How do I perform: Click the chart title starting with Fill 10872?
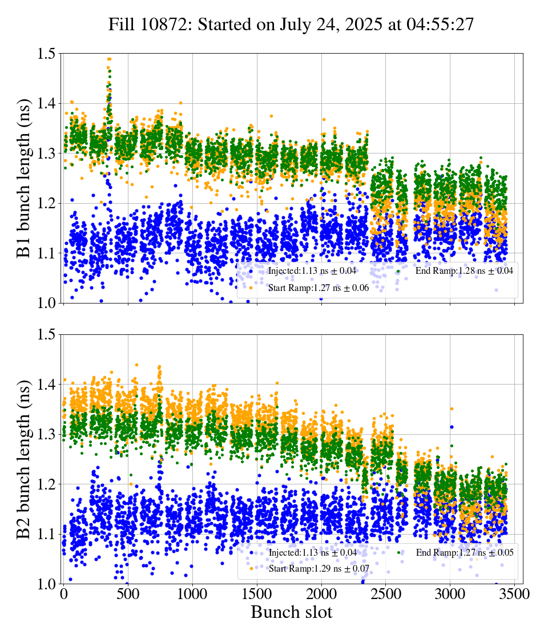pyautogui.click(x=291, y=25)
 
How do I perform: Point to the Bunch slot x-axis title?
pyautogui.click(x=291, y=613)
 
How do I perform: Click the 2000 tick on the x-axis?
pyautogui.click(x=321, y=594)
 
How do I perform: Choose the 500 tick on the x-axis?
pyautogui.click(x=128, y=594)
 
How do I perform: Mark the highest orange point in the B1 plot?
pyautogui.click(x=109, y=59)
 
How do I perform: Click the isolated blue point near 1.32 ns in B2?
pyautogui.click(x=452, y=427)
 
